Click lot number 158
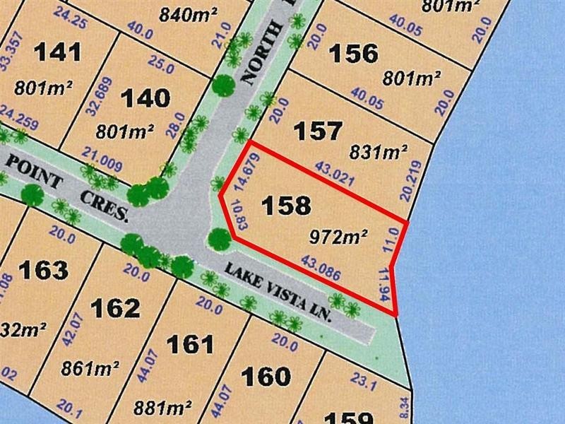pyautogui.click(x=285, y=206)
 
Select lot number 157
pyautogui.click(x=318, y=131)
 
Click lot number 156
pyautogui.click(x=354, y=54)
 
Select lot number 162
pyautogui.click(x=116, y=308)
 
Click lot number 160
pyautogui.click(x=265, y=375)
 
